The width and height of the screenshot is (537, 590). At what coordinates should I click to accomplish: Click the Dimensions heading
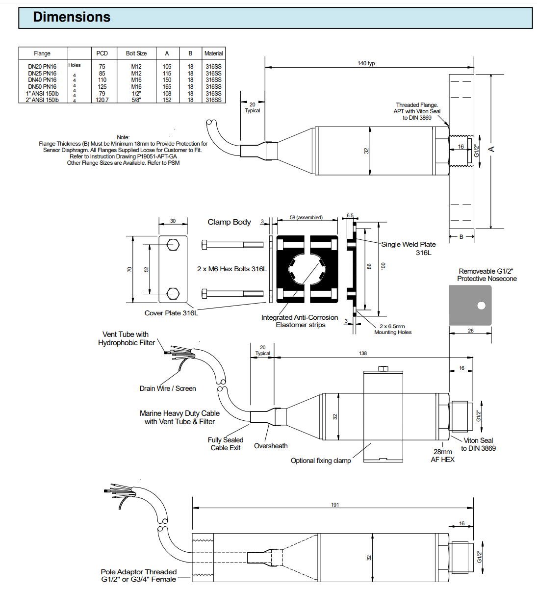[72, 17]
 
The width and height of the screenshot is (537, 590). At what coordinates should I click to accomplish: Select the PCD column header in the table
[102, 53]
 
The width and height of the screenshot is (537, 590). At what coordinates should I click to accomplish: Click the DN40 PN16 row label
[42, 80]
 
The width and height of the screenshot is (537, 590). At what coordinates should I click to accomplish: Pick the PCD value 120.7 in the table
[102, 100]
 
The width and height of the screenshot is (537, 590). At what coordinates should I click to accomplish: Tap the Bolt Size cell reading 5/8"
[136, 100]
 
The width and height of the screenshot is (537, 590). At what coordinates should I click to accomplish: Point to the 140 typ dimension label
[366, 63]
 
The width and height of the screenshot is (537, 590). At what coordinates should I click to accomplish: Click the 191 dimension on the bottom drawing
[335, 505]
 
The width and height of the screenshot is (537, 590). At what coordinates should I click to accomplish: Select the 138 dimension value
[363, 353]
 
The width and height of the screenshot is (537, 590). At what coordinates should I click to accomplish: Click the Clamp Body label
[229, 222]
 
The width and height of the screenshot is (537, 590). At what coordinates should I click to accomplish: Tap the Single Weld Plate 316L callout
[409, 248]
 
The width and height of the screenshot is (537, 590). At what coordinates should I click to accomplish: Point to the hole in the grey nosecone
[482, 306]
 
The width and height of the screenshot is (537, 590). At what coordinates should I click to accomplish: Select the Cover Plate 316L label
[171, 313]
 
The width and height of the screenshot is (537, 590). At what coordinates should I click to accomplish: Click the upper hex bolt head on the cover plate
[173, 244]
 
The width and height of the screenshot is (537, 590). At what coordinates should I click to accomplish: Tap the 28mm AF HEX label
[443, 456]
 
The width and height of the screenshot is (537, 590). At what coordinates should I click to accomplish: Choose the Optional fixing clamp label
[321, 461]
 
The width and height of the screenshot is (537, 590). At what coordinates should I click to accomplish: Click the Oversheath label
[271, 446]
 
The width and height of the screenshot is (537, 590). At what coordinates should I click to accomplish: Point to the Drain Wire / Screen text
[168, 388]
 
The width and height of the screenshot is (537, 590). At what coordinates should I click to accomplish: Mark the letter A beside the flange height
[491, 149]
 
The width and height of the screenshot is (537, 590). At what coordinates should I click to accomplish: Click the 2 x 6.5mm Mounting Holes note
[393, 329]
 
